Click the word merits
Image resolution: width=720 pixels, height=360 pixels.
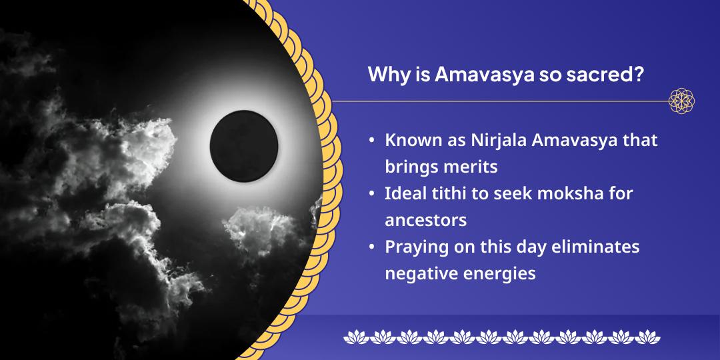473,167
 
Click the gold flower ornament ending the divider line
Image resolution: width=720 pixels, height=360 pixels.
682,101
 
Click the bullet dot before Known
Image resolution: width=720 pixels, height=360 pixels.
371,142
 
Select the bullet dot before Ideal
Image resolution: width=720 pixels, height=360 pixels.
371,195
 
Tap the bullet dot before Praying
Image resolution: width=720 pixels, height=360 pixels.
371,248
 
